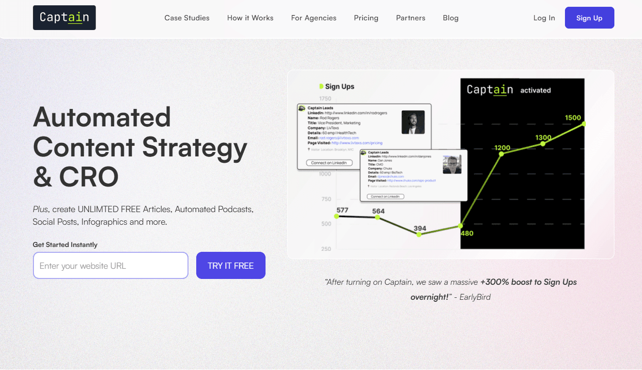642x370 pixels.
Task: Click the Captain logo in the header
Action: coord(64,17)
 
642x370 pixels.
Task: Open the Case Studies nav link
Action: coord(187,18)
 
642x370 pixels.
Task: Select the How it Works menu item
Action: coord(250,18)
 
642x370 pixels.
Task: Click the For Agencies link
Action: coord(313,18)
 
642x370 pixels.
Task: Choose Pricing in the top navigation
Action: coord(366,18)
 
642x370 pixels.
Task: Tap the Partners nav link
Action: coord(410,18)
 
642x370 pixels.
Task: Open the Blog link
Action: coord(451,18)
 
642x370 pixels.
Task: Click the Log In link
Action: coord(544,18)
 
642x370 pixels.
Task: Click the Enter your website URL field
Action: coord(110,265)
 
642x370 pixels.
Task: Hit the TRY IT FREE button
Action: coord(231,265)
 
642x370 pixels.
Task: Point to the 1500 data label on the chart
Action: coord(573,118)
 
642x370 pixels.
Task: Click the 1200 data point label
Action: coord(502,148)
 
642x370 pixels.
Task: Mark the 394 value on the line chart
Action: coord(420,229)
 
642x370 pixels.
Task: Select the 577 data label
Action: coord(342,210)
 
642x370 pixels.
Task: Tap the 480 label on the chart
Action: coord(467,233)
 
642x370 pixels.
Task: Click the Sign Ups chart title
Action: coord(339,87)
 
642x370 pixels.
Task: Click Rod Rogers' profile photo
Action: coord(413,122)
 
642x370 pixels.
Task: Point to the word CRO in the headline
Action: coord(89,177)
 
